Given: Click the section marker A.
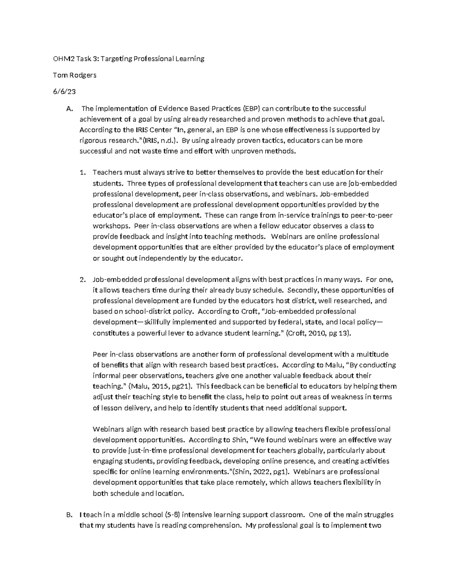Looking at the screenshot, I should pos(68,109).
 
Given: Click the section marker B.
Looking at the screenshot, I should pos(68,514).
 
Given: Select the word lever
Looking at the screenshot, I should pos(186,333).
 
